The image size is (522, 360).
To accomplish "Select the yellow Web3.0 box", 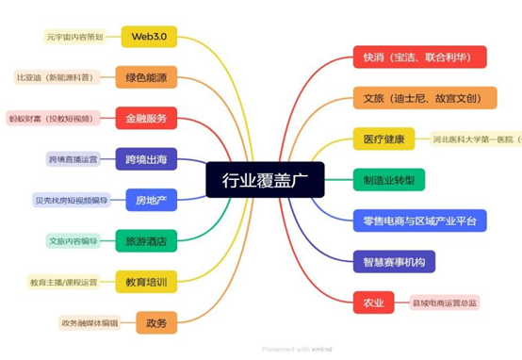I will click(x=149, y=36).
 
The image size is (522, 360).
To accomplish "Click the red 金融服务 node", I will click(x=146, y=119).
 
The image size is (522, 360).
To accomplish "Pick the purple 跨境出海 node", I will click(x=146, y=158).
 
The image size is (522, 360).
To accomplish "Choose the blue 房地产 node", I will click(x=150, y=199).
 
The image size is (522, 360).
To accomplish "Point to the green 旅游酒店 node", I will click(x=146, y=240).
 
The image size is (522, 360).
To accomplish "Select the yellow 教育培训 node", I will click(x=146, y=281).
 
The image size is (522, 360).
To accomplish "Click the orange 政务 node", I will click(x=156, y=323).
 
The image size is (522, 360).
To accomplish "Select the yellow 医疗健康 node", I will click(x=383, y=139).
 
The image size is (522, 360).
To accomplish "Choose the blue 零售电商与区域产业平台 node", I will click(x=419, y=220).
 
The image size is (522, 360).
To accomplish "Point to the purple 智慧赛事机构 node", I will click(x=394, y=261).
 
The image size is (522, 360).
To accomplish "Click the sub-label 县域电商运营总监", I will click(x=445, y=303).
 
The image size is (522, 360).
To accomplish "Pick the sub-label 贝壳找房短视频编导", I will click(x=71, y=200).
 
